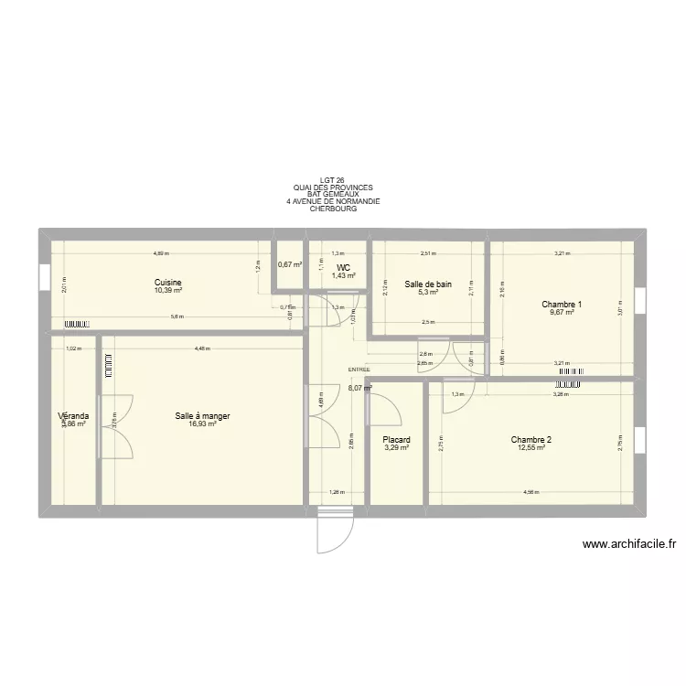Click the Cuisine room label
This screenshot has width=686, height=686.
[x=168, y=283]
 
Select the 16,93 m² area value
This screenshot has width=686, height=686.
[x=202, y=423]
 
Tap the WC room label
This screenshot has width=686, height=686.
[x=343, y=268]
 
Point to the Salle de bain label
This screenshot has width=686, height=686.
[x=428, y=284]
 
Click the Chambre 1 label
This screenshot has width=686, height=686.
[x=561, y=305]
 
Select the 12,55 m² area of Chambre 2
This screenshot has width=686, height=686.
[x=531, y=447]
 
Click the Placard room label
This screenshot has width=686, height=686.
[x=396, y=440]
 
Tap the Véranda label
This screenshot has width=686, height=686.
[x=72, y=415]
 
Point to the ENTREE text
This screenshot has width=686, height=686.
[x=359, y=370]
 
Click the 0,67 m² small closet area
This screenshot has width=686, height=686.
[x=291, y=265]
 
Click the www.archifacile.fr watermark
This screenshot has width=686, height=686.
[x=628, y=544]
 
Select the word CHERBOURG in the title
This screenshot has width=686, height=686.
[x=333, y=209]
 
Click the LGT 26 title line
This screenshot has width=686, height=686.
[x=333, y=180]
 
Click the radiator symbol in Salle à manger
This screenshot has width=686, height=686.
[x=107, y=363]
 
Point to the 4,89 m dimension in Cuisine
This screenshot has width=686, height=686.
[x=161, y=253]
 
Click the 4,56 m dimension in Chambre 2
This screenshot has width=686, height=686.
[x=531, y=492]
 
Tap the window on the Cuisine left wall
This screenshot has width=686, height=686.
[x=43, y=275]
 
